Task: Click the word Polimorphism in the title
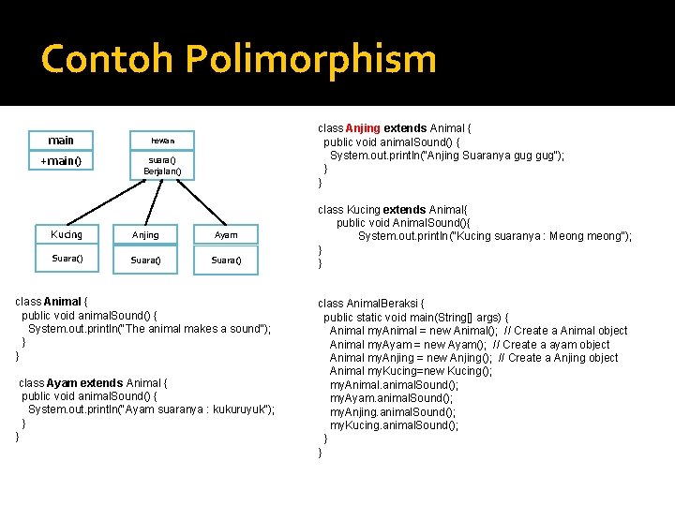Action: pyautogui.click(x=311, y=60)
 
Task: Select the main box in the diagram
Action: pyautogui.click(x=61, y=141)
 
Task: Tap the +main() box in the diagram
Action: pyautogui.click(x=61, y=161)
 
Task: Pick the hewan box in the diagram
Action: pyautogui.click(x=162, y=141)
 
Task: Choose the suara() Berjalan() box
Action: pyautogui.click(x=162, y=166)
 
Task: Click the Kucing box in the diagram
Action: pyautogui.click(x=67, y=234)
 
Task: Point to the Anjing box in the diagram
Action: pyautogui.click(x=145, y=235)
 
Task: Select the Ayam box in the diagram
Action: pyautogui.click(x=226, y=235)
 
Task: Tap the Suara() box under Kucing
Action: pyautogui.click(x=67, y=259)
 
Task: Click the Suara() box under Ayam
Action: pyautogui.click(x=226, y=260)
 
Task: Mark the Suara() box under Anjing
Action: pyautogui.click(x=145, y=260)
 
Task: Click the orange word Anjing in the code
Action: pyautogui.click(x=363, y=128)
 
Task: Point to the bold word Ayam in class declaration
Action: pyautogui.click(x=62, y=383)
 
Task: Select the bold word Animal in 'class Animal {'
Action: pyautogui.click(x=64, y=302)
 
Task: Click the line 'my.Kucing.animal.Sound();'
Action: pyautogui.click(x=394, y=425)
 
